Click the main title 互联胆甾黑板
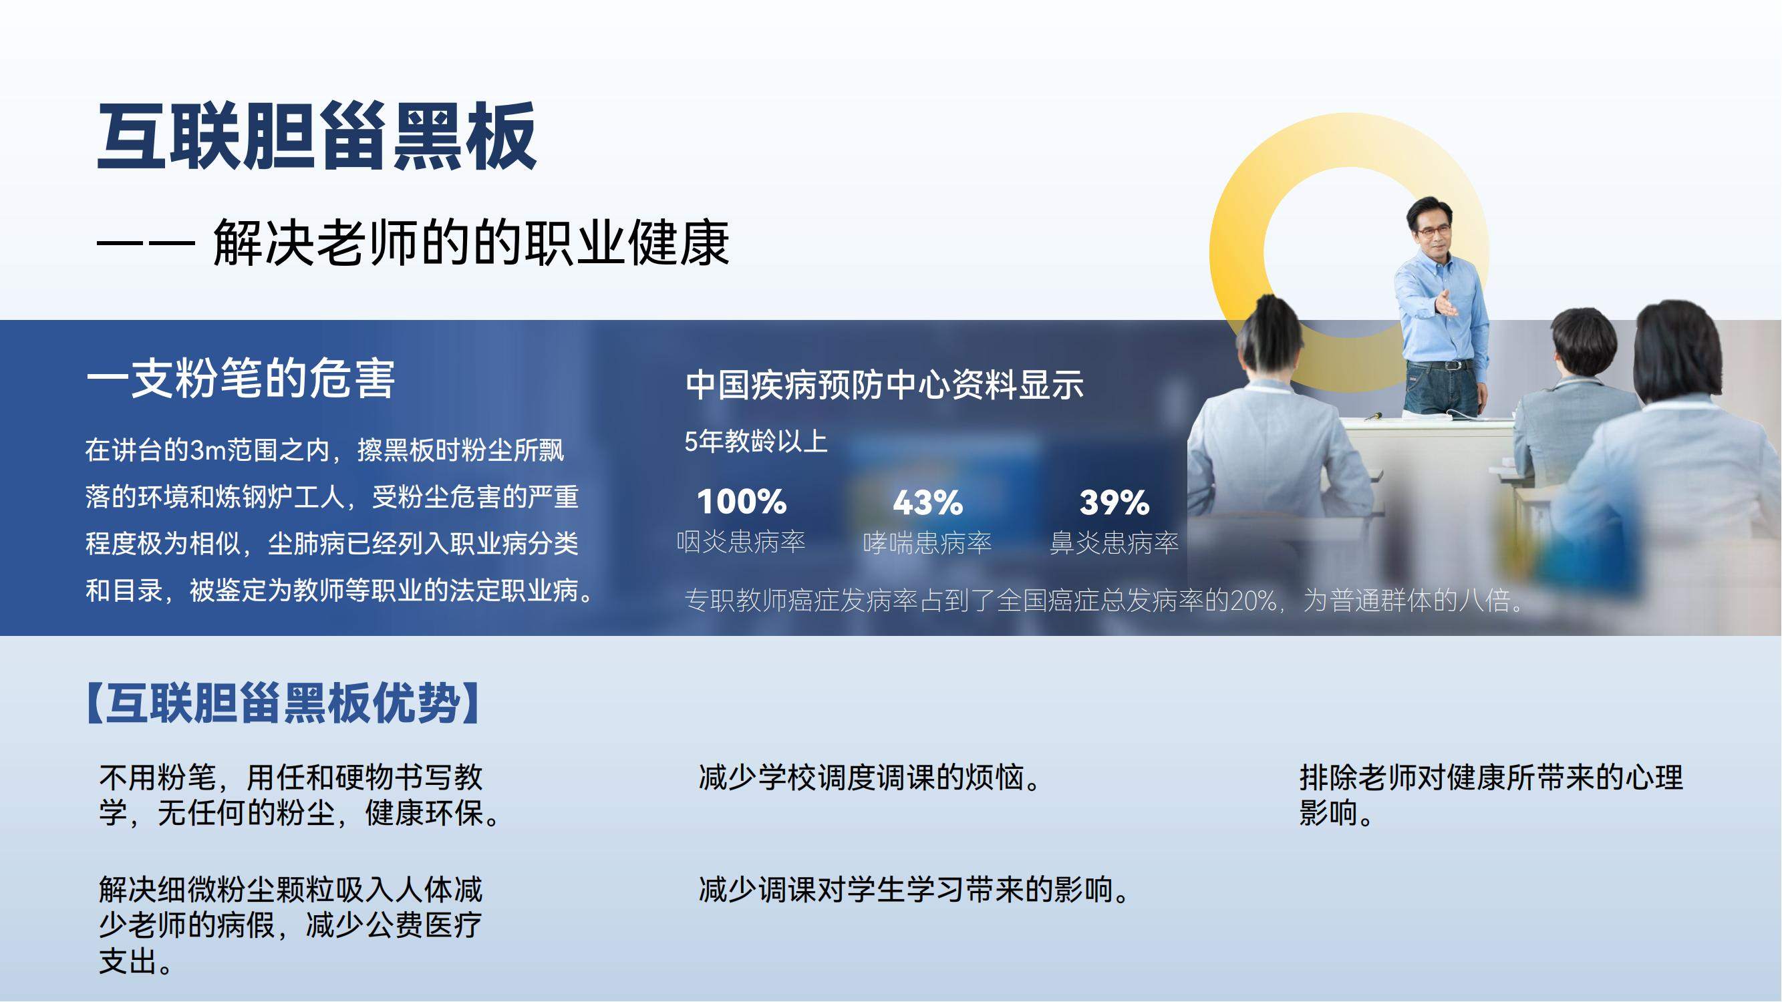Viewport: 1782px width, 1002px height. click(x=317, y=136)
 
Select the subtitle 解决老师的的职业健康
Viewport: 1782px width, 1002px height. click(x=471, y=242)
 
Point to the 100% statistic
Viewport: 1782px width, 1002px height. click(x=742, y=502)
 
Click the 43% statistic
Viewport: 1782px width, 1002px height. click(x=927, y=502)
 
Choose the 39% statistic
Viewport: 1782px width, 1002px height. click(x=1115, y=502)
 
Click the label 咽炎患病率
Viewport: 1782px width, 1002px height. click(x=741, y=542)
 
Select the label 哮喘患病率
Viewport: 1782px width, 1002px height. click(x=927, y=543)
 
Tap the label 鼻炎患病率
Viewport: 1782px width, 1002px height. click(x=1115, y=543)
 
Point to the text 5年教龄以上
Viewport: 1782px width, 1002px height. click(x=756, y=440)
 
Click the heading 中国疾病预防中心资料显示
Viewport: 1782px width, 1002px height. click(x=885, y=385)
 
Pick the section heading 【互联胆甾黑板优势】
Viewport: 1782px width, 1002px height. click(x=283, y=703)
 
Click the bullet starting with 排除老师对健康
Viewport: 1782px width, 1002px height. click(x=1491, y=794)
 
